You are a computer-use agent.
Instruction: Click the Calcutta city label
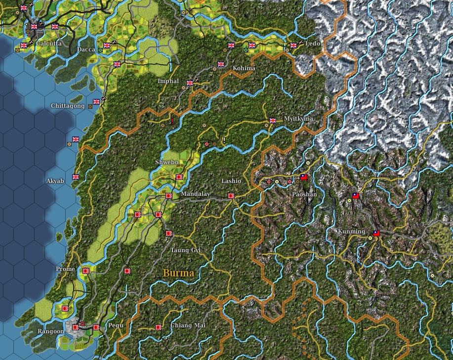coord(49,44)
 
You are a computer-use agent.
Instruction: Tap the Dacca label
coord(86,49)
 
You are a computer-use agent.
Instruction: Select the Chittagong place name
coord(68,106)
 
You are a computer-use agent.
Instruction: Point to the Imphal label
coord(168,81)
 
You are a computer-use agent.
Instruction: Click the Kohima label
coord(244,68)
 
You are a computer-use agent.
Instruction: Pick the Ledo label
coord(313,44)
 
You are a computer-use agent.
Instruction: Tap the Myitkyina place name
coord(298,119)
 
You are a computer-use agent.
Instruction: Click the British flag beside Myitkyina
coord(272,120)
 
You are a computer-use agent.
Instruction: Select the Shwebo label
coord(166,162)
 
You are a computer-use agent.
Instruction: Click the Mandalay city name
coord(195,194)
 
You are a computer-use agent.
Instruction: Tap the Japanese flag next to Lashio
coord(231,195)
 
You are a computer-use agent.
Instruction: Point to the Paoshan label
coord(304,194)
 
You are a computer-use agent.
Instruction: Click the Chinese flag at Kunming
coord(376,233)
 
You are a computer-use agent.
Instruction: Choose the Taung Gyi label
coord(186,250)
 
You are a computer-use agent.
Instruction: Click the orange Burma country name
coord(178,273)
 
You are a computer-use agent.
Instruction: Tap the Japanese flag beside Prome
coord(86,271)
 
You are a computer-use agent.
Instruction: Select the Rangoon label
coord(50,331)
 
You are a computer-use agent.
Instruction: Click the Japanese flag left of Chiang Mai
coord(159,327)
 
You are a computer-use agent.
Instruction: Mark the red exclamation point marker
coord(172,121)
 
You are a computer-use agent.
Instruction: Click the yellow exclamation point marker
coord(224,140)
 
